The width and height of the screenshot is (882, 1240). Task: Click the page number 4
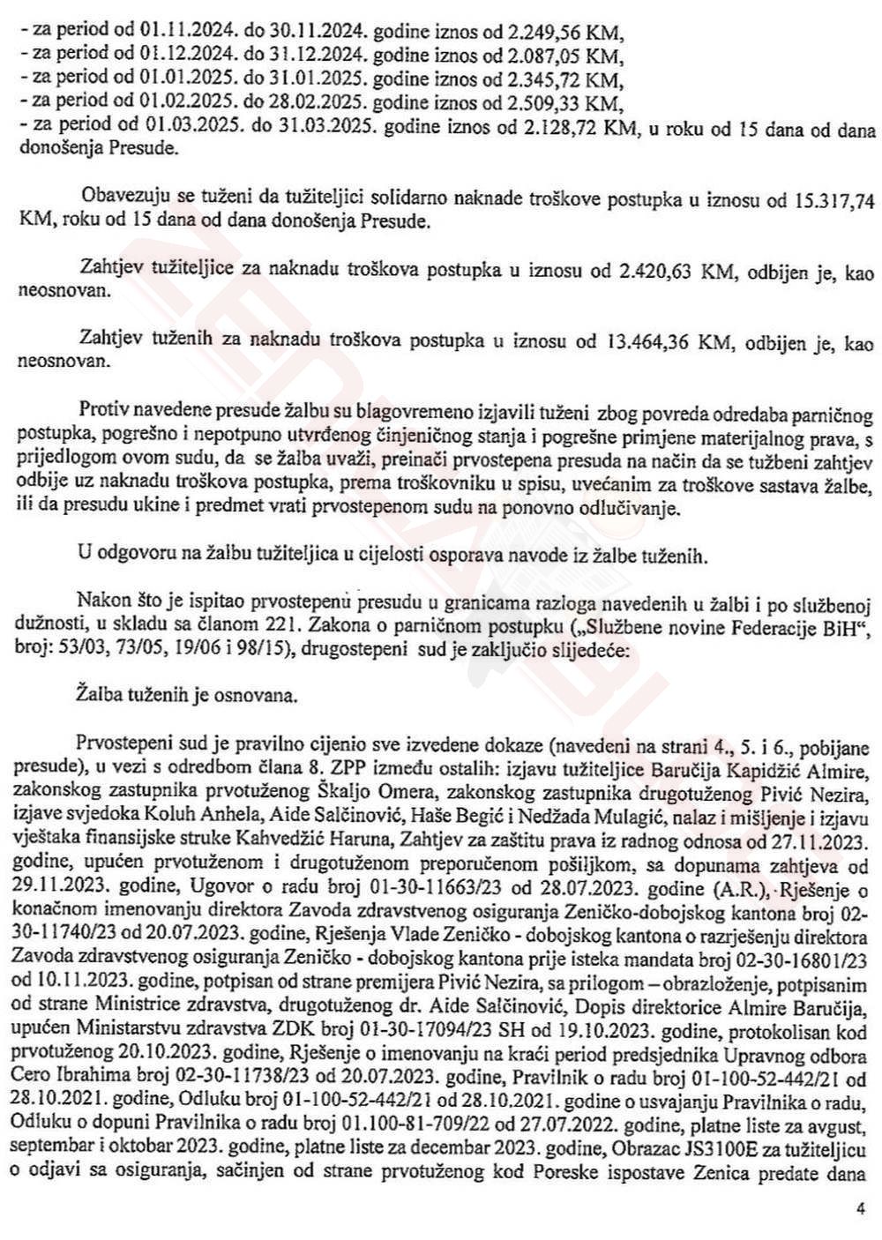click(x=860, y=1209)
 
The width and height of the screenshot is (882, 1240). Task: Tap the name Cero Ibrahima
click(x=75, y=1079)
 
